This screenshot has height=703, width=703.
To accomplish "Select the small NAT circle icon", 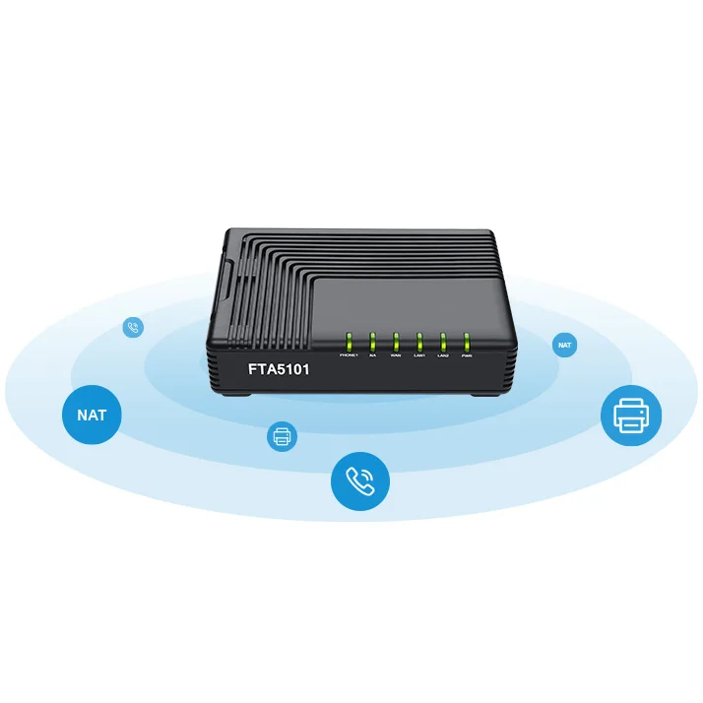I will click(x=564, y=346).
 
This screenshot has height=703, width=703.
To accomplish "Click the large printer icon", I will click(x=631, y=415).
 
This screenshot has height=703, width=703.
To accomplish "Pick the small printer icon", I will click(x=282, y=435).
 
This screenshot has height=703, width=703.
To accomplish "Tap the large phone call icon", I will click(x=360, y=481).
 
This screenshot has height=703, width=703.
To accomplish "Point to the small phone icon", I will click(x=133, y=328).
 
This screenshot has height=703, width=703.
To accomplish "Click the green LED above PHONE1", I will click(x=348, y=342).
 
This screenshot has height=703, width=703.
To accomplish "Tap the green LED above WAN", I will click(x=396, y=342).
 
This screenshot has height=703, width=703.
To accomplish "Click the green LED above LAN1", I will click(x=419, y=342).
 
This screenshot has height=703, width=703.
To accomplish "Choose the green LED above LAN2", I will click(x=443, y=342).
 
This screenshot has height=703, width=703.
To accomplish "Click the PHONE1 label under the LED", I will click(x=348, y=354).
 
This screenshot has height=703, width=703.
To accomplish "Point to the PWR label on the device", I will click(x=467, y=355).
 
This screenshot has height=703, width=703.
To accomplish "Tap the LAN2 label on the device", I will click(x=443, y=355).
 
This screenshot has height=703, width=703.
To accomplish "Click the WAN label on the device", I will click(x=396, y=354).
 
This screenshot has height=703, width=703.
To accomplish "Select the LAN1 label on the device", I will click(x=419, y=354).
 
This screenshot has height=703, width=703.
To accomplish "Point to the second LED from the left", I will click(x=372, y=342).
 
